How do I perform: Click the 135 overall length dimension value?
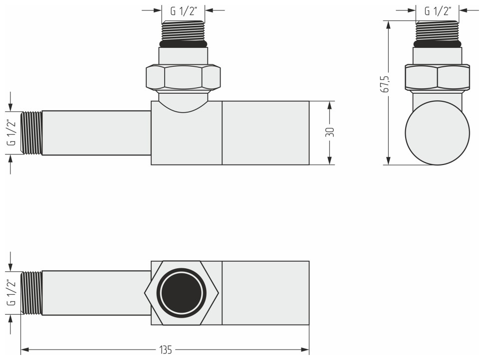pyautogui.click(x=166, y=350)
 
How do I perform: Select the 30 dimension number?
pyautogui.click(x=329, y=133)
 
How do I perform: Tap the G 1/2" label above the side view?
pyautogui.click(x=438, y=10)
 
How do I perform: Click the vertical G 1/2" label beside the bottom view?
pyautogui.click(x=11, y=293)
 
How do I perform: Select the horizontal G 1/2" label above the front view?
pyautogui.click(x=184, y=10)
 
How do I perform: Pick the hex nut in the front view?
pyautogui.click(x=183, y=77)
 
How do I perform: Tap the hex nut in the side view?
pyautogui.click(x=437, y=77)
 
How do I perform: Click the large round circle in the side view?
pyautogui.click(x=438, y=133)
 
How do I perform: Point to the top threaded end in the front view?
pyautogui.click(x=183, y=31)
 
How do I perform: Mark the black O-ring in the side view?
pyautogui.click(x=438, y=43)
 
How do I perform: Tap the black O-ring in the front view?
pyautogui.click(x=183, y=43)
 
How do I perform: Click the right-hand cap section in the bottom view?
pyautogui.click(x=265, y=293)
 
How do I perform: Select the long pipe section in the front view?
pyautogui.click(x=96, y=133)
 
